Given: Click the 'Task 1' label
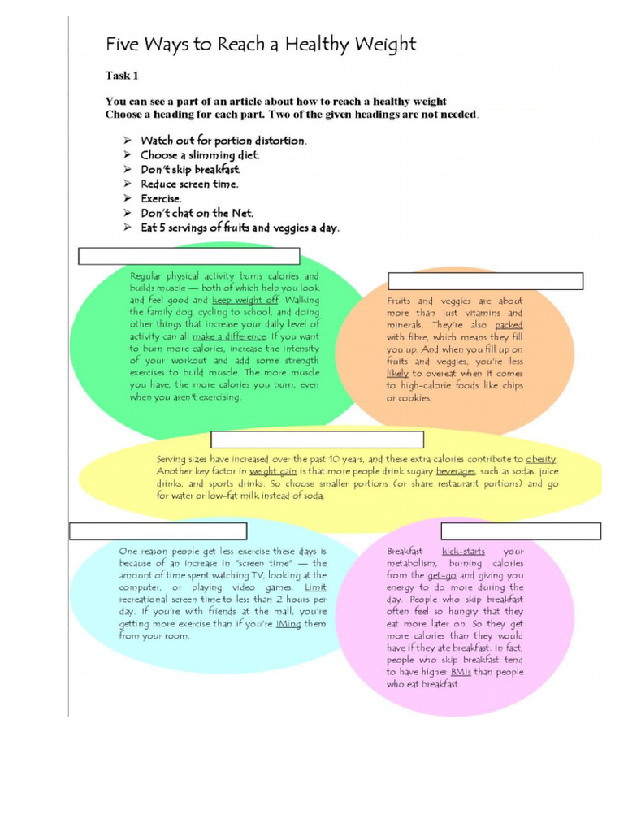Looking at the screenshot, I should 123,76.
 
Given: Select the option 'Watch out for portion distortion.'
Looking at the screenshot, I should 223,141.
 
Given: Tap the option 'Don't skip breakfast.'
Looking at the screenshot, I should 190,169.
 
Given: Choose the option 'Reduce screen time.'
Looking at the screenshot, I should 189,184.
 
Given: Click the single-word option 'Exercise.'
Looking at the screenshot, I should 161,198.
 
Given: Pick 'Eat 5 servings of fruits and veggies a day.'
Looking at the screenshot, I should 240,227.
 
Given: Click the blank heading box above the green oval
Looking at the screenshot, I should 189,257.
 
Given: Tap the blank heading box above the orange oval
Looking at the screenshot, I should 486,281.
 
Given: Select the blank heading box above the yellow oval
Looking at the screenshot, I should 317,440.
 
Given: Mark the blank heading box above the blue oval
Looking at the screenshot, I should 146,531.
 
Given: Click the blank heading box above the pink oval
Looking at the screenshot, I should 521,531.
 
